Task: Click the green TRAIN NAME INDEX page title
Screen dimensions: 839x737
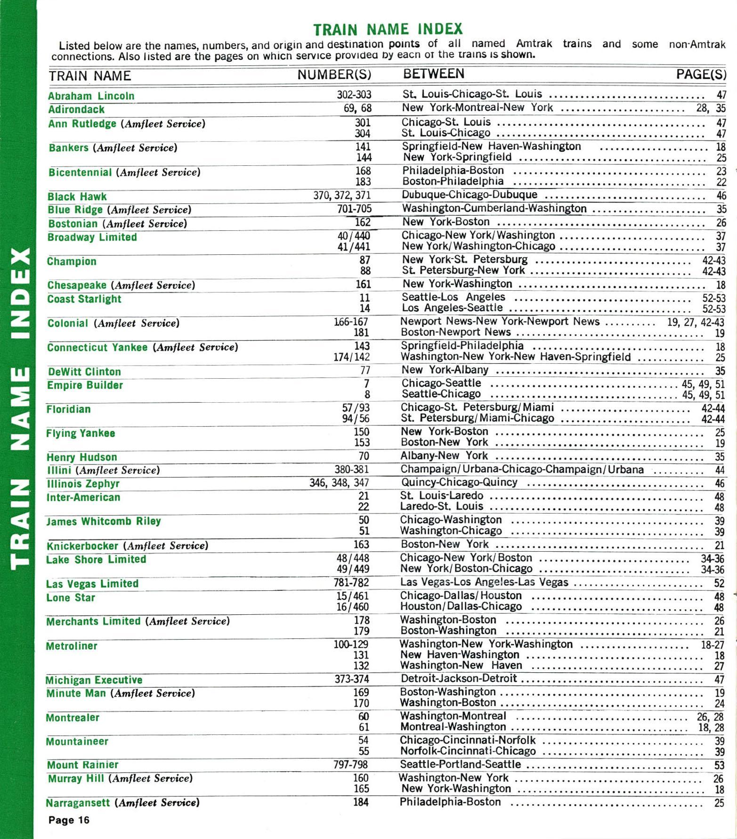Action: pyautogui.click(x=388, y=29)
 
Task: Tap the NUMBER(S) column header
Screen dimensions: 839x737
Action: pyautogui.click(x=334, y=75)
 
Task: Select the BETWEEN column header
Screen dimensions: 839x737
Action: pyautogui.click(x=434, y=73)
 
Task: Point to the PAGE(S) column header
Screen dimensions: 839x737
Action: pyautogui.click(x=701, y=74)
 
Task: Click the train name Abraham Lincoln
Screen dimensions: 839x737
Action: pyautogui.click(x=91, y=96)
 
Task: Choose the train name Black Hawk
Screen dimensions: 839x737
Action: pyautogui.click(x=77, y=196)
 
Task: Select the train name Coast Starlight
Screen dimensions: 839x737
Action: pyautogui.click(x=84, y=299)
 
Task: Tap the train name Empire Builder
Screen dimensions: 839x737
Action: pyautogui.click(x=85, y=385)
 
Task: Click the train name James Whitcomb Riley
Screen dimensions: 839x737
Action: pyautogui.click(x=104, y=521)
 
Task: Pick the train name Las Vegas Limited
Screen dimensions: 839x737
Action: pyautogui.click(x=92, y=584)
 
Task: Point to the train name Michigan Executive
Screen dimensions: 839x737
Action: pyautogui.click(x=94, y=680)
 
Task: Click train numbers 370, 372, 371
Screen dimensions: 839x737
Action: pyautogui.click(x=342, y=195)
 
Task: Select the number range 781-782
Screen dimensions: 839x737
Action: pyautogui.click(x=351, y=582)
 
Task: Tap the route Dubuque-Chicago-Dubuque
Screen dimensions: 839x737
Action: pyautogui.click(x=469, y=195)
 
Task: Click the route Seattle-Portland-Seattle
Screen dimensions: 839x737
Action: pyautogui.click(x=460, y=764)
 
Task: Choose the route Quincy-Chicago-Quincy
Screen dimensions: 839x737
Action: pyautogui.click(x=459, y=482)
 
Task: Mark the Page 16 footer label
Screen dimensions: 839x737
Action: pyautogui.click(x=69, y=820)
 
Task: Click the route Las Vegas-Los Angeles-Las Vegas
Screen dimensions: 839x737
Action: pyautogui.click(x=484, y=582)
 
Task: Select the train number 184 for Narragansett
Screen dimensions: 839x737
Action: pyautogui.click(x=361, y=802)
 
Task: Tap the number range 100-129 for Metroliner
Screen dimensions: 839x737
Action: pyautogui.click(x=351, y=644)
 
